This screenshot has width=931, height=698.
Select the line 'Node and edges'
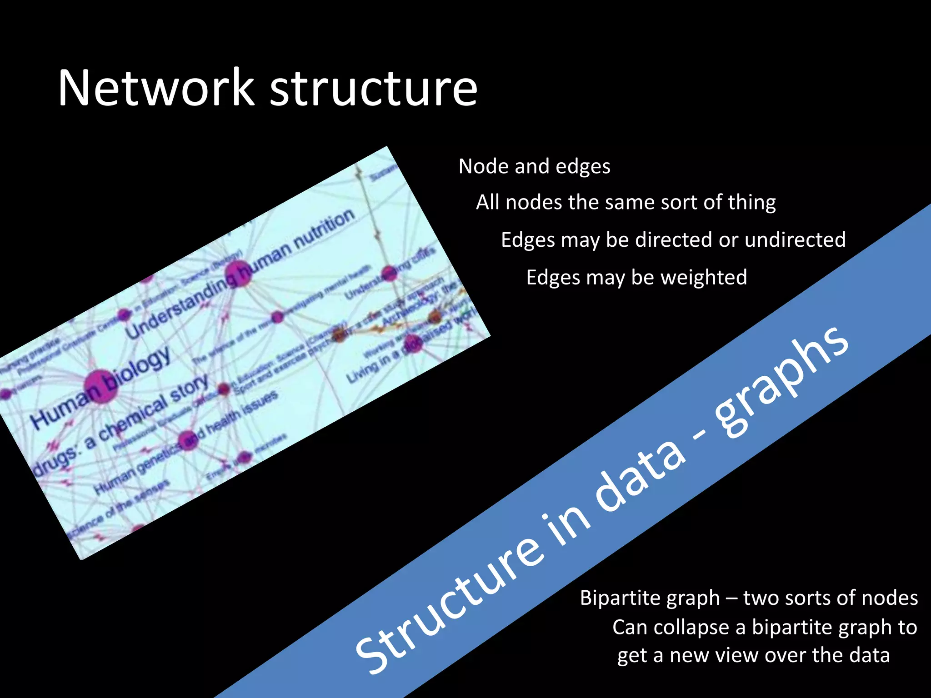[x=534, y=166]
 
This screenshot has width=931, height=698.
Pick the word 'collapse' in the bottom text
[x=693, y=628]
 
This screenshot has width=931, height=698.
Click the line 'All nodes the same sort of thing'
[x=626, y=202]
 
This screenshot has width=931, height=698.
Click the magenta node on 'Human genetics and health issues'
[x=187, y=440]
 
